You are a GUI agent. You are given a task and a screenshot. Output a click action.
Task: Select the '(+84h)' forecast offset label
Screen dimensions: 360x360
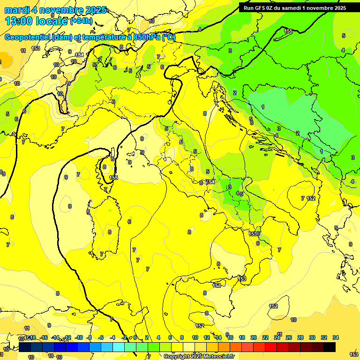[81, 21]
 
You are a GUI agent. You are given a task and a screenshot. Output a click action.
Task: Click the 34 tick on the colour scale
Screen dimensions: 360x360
[336, 337]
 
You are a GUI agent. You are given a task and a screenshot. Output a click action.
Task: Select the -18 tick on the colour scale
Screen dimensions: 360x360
[33, 337]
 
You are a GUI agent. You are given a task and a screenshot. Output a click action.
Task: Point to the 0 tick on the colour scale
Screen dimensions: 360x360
[135, 337]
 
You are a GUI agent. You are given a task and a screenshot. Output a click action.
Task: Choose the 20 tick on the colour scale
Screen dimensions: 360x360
[254, 337]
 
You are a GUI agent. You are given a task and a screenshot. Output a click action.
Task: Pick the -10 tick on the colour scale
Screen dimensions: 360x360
[79, 337]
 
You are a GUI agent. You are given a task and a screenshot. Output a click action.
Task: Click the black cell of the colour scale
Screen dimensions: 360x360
[330, 347]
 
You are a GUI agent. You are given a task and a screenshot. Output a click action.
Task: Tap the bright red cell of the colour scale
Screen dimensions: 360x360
[271, 347]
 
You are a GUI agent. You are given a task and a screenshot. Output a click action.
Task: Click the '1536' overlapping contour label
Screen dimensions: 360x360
[254, 233]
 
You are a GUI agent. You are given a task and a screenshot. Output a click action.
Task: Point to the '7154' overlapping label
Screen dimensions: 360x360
[210, 181]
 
